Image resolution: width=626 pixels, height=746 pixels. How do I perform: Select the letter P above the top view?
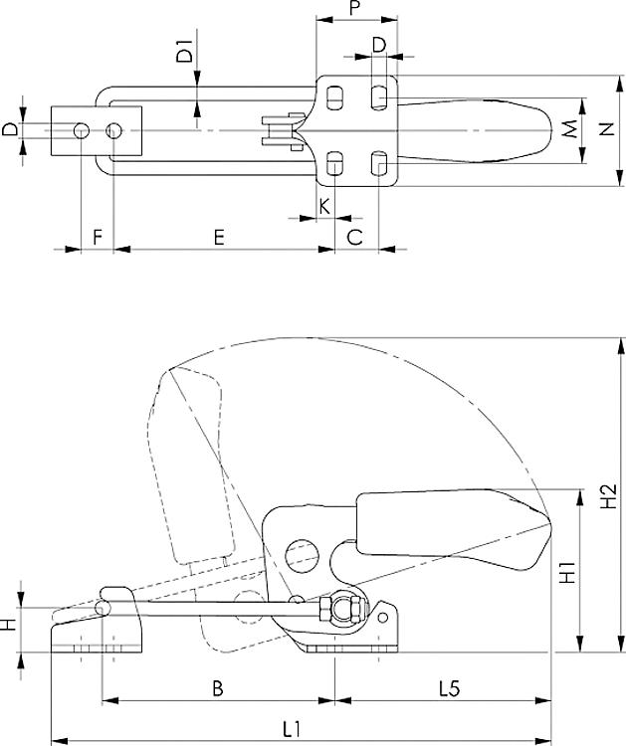pyautogui.click(x=354, y=9)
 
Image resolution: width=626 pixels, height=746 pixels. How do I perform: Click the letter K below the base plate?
pyautogui.click(x=324, y=206)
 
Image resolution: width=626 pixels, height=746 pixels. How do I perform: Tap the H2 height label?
pyautogui.click(x=611, y=495)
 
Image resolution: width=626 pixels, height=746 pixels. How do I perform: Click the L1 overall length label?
pyautogui.click(x=290, y=727)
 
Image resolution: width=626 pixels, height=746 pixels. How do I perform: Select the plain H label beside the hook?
pyautogui.click(x=9, y=626)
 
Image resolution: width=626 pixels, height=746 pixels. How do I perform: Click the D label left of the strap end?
pyautogui.click(x=9, y=130)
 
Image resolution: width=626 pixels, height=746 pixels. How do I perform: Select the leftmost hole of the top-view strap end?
pyautogui.click(x=80, y=130)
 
